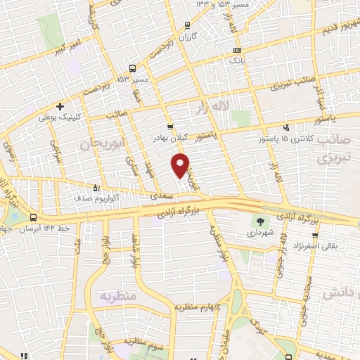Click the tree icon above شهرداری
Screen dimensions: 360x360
click(x=261, y=220)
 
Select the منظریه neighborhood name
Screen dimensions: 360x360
click(x=116, y=296)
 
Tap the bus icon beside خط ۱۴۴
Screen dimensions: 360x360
click(x=33, y=215)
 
